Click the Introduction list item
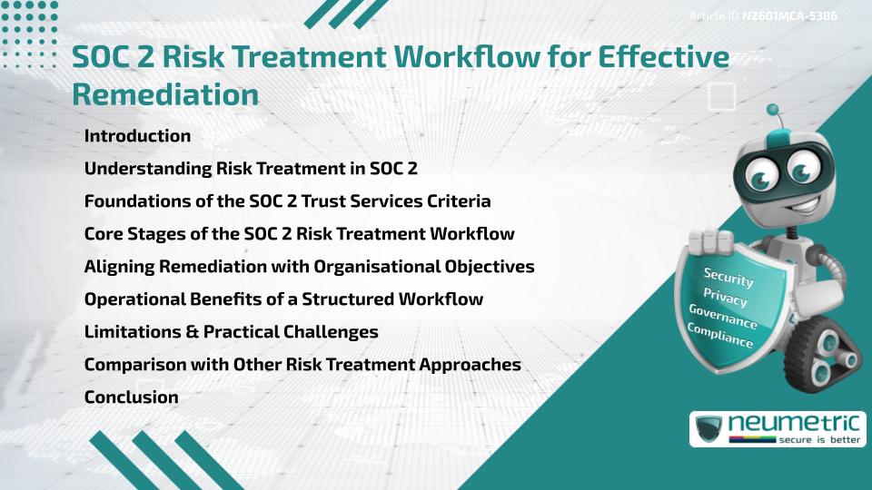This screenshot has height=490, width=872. pos(137,136)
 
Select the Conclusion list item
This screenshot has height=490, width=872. pos(131,397)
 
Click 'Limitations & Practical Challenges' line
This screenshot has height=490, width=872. pos(231,331)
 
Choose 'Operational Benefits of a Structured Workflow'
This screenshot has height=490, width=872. pos(283,299)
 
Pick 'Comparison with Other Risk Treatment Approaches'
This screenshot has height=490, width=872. pos(302,364)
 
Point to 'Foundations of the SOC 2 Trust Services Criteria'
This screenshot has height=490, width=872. pos(288,201)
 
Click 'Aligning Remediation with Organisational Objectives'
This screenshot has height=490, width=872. pos(309,266)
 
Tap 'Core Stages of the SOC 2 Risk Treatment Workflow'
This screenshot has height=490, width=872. pos(299,233)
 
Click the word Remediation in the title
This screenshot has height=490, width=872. pos(165,93)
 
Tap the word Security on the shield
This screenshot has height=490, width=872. pos(728,278)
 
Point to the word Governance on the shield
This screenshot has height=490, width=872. pos(723,317)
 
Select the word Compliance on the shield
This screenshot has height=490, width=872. pos(720,336)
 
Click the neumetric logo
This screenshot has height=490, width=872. pos(777,428)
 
